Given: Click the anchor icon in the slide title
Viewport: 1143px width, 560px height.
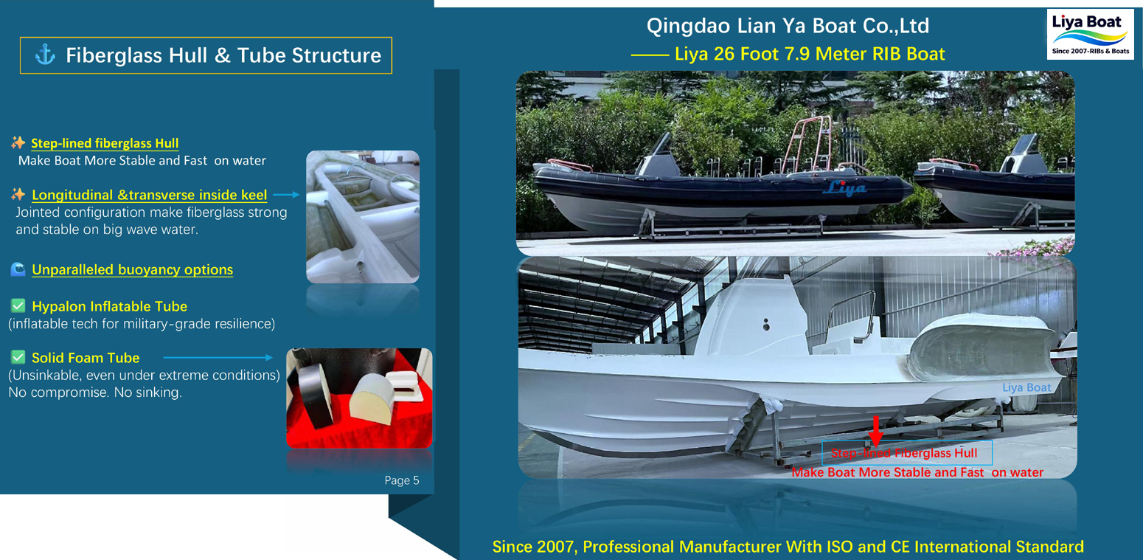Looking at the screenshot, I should (45, 55).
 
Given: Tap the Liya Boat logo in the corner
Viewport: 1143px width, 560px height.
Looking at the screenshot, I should (1090, 34).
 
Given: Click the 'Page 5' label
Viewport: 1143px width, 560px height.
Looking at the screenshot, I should (402, 480).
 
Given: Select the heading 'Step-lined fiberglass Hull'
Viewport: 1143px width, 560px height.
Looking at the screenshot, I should (105, 143).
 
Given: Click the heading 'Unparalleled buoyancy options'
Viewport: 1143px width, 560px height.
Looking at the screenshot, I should (132, 270).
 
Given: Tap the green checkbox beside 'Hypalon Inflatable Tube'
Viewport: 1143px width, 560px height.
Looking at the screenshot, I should (18, 305).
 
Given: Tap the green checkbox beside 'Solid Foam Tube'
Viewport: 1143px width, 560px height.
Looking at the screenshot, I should (18, 357).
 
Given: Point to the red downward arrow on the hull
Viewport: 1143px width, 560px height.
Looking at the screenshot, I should (875, 430).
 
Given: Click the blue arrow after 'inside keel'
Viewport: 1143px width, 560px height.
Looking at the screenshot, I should (286, 195).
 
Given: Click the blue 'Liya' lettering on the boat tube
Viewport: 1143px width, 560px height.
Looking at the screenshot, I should (845, 188).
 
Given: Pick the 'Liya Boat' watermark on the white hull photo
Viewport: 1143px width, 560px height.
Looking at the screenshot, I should (1026, 387).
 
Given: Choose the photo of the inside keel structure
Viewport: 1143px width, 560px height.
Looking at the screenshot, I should (362, 216).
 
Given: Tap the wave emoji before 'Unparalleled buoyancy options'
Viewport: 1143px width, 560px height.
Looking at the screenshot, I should (18, 269).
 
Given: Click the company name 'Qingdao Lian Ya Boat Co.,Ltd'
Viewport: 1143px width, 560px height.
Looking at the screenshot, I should (788, 27).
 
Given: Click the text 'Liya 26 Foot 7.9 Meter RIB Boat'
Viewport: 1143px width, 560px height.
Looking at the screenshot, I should (810, 54).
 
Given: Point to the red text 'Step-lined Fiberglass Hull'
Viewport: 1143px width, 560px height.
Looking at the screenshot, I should (904, 453).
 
